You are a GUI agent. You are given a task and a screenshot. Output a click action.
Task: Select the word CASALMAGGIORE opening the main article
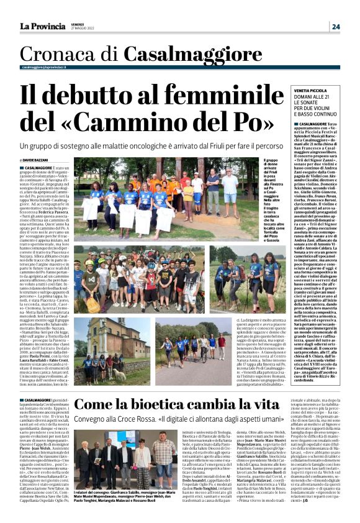37,168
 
